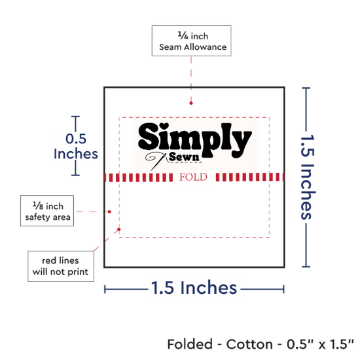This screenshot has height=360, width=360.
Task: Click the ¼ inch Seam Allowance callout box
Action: pyautogui.click(x=191, y=41)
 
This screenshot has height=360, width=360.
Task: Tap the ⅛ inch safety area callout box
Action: pyautogui.click(x=47, y=211)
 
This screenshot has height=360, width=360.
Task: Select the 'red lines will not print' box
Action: pyautogui.click(x=61, y=266)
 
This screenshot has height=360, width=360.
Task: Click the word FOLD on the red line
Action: pyautogui.click(x=193, y=177)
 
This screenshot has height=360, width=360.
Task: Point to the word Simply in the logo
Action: pyautogui.click(x=195, y=140)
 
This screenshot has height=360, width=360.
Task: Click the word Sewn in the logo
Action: pyautogui.click(x=184, y=157)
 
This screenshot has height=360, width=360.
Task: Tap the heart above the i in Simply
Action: pyautogui.click(x=164, y=126)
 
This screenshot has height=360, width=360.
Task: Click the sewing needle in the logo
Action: pyautogui.click(x=158, y=162)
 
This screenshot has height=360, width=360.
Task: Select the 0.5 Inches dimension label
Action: pyautogui.click(x=76, y=146)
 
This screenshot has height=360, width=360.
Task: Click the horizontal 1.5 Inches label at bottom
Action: pyautogui.click(x=194, y=287)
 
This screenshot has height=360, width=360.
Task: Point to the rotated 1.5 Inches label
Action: pyautogui.click(x=308, y=177)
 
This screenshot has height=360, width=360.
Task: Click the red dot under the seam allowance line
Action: pyautogui.click(x=191, y=103)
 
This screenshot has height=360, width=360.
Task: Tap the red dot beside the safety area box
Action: pyautogui.click(x=109, y=211)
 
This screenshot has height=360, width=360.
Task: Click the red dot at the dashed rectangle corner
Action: pyautogui.click(x=119, y=229)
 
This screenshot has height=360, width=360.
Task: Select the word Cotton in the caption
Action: pyautogui.click(x=249, y=344)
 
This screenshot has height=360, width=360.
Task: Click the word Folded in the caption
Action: pyautogui.click(x=190, y=344)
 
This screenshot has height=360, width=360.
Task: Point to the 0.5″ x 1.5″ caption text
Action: pyautogui.click(x=320, y=344)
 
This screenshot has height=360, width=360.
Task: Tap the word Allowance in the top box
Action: pyautogui.click(x=206, y=47)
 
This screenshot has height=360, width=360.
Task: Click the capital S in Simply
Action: pyautogui.click(x=149, y=136)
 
